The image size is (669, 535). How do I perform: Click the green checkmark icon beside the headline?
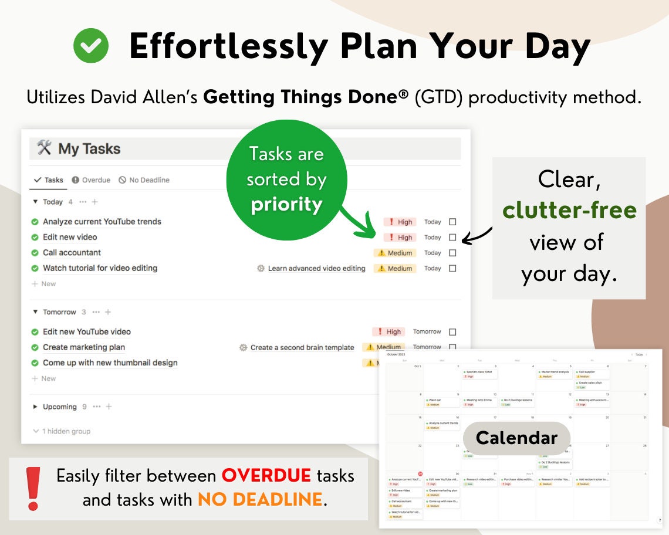[x=91, y=46]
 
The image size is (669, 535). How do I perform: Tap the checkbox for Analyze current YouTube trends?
[x=452, y=222]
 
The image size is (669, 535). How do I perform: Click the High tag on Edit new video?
[x=400, y=238]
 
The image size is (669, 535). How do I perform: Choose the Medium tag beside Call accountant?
[x=395, y=253]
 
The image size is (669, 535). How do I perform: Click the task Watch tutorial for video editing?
[x=100, y=268]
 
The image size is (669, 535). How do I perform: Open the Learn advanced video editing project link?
[x=316, y=269]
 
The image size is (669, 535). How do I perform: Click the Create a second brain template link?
[x=302, y=347]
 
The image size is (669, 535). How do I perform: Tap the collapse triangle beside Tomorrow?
[x=36, y=312]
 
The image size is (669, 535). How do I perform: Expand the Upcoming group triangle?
[x=36, y=407]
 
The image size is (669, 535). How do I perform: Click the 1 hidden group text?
[x=66, y=431]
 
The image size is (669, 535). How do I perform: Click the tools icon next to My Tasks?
[x=45, y=148]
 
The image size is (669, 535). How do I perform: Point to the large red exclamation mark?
[x=33, y=489]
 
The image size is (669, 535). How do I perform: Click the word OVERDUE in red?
[x=266, y=475]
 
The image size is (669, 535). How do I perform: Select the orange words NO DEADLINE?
[x=260, y=499]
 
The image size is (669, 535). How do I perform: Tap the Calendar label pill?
[x=516, y=438]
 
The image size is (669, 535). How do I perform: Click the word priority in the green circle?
[x=286, y=205]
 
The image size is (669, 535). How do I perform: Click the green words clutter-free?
[x=569, y=210]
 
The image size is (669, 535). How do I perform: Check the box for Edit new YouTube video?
[x=452, y=332]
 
